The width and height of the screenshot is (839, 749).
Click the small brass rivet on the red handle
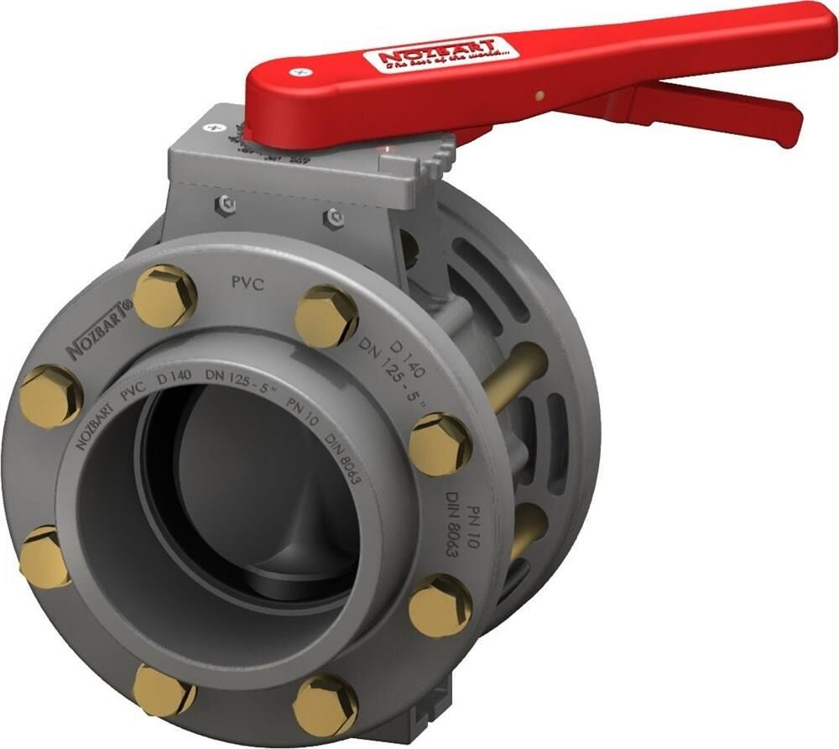point(540,95)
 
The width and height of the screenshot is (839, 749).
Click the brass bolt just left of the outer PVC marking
point(164,296)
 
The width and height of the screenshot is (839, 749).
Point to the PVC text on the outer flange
point(248,284)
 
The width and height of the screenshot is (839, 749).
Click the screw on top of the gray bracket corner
point(208,128)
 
